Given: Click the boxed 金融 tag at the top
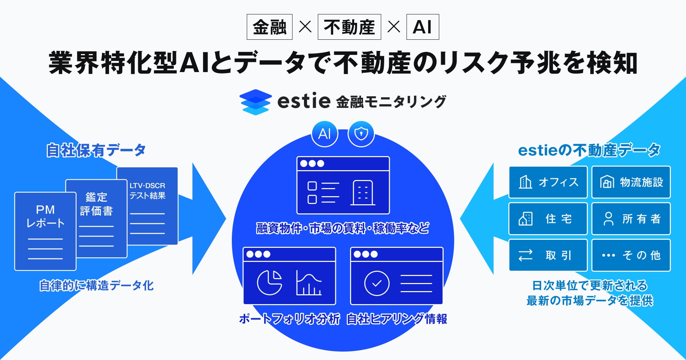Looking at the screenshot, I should click(269, 27).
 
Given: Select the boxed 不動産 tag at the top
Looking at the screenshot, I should click(349, 27).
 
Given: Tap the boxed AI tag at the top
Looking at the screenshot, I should click(423, 27).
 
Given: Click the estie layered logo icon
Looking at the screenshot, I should click(255, 102).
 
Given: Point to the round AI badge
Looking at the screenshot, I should click(325, 134).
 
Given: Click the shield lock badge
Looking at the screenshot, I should click(361, 134).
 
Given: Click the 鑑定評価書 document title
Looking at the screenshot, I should click(96, 204).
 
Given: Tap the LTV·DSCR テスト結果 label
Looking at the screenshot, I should click(147, 191).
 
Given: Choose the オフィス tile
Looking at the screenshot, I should click(548, 182).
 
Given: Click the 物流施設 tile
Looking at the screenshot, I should click(631, 182).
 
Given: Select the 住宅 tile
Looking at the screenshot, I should click(548, 219).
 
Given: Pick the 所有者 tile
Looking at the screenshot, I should click(631, 219).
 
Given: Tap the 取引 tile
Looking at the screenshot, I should click(548, 255).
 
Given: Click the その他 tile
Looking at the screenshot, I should click(631, 255).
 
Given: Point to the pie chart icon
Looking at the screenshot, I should click(269, 283).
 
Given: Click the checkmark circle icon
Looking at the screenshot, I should click(377, 283).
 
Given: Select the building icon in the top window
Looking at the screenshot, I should click(363, 193).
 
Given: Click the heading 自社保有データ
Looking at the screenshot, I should click(96, 150).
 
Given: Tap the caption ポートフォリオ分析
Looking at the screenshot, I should click(289, 319).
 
